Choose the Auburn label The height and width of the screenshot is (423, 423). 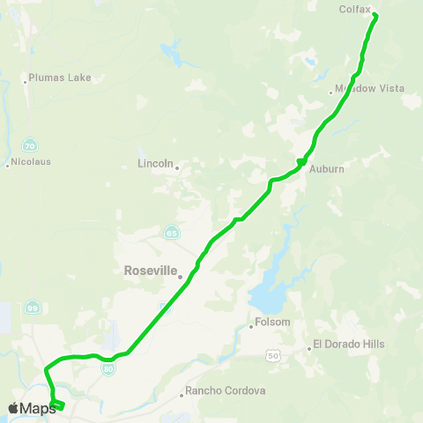coord(326,167)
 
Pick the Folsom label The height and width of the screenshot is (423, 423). coord(272,323)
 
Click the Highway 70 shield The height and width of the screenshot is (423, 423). coord(30,145)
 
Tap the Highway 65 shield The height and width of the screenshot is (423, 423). coord(170,232)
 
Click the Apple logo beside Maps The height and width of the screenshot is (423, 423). coord(12,408)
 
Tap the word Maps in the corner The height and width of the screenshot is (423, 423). coord(38,408)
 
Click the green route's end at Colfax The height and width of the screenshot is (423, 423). coord(375,16)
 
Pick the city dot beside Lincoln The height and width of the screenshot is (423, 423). coord(177,167)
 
